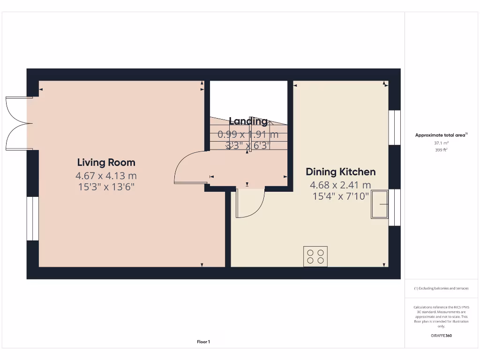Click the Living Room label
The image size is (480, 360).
[106, 163]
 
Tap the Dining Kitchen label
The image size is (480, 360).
[340, 172]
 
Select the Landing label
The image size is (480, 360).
[248, 121]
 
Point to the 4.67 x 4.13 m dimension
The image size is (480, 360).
[106, 176]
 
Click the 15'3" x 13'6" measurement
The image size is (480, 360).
[106, 186]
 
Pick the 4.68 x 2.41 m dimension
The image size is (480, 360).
[340, 185]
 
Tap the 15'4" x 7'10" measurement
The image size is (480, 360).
[340, 196]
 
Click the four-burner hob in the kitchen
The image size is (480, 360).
[315, 256]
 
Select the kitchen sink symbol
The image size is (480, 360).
[380, 204]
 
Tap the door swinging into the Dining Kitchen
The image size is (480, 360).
[249, 202]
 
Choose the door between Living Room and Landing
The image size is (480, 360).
[190, 167]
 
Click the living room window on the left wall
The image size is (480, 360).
[32, 218]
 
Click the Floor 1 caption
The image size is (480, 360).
[203, 342]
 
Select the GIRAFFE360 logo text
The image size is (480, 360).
[441, 336]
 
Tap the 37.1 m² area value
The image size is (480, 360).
[441, 143]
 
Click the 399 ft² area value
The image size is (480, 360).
[441, 150]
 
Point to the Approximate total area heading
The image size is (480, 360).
[441, 135]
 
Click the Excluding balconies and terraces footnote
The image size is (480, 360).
[441, 288]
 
